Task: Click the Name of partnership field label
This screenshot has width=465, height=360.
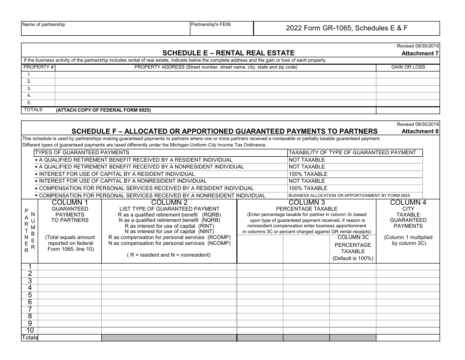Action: click(x=44, y=24)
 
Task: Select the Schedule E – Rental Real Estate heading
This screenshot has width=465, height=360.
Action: click(x=229, y=53)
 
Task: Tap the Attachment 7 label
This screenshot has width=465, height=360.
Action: click(x=420, y=53)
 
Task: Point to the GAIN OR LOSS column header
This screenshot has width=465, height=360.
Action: click(x=408, y=67)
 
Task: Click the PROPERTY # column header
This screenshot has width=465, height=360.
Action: click(x=39, y=67)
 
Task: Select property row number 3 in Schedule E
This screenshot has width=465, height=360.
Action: click(x=29, y=88)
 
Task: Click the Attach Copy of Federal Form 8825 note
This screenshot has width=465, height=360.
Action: click(x=103, y=110)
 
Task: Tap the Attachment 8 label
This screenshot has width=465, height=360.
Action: click(x=420, y=131)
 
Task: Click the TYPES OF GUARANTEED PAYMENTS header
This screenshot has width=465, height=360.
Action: click(x=78, y=152)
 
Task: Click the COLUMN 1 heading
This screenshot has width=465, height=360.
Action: click(x=70, y=202)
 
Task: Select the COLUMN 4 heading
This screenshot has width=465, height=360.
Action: click(x=408, y=202)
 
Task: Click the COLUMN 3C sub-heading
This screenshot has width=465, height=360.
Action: click(x=353, y=238)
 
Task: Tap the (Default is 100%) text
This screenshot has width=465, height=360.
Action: click(x=353, y=258)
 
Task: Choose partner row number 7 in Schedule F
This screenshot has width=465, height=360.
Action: click(x=30, y=309)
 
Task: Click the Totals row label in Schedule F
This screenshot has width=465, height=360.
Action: click(x=29, y=337)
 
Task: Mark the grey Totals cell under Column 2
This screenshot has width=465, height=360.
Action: click(x=169, y=337)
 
